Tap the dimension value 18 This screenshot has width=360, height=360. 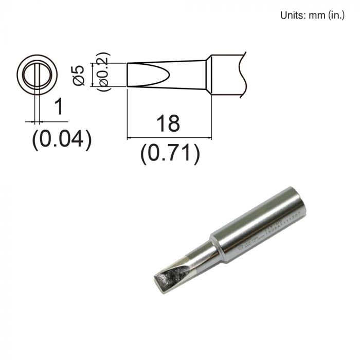click(169, 124)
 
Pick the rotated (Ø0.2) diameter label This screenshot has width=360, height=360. click(103, 72)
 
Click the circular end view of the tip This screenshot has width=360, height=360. click(37, 74)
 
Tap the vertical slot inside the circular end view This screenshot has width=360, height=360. click(37, 74)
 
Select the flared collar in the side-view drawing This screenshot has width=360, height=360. click(208, 74)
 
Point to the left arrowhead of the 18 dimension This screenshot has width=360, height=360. click(129, 137)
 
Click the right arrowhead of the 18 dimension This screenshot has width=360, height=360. click(209, 137)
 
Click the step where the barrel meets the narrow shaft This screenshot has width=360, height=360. click(216, 244)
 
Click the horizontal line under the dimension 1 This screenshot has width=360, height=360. click(46, 122)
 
